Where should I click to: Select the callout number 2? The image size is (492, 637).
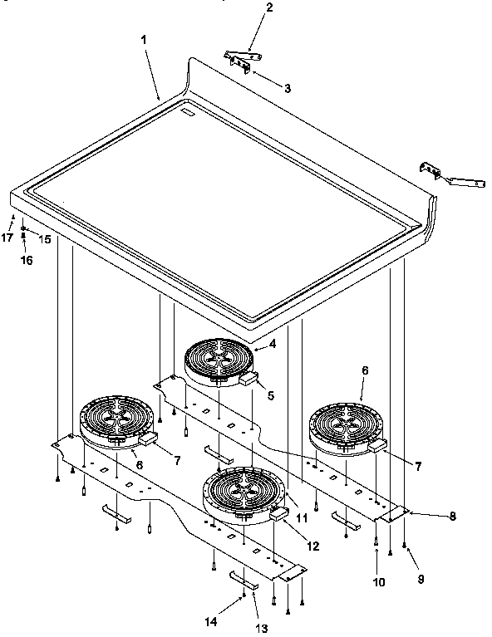245,8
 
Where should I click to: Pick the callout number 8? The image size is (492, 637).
453,516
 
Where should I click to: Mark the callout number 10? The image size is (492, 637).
379,583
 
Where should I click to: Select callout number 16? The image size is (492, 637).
24,259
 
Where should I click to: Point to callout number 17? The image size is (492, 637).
8,238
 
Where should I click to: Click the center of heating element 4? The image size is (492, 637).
218,362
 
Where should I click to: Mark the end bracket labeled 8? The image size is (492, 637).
391,515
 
